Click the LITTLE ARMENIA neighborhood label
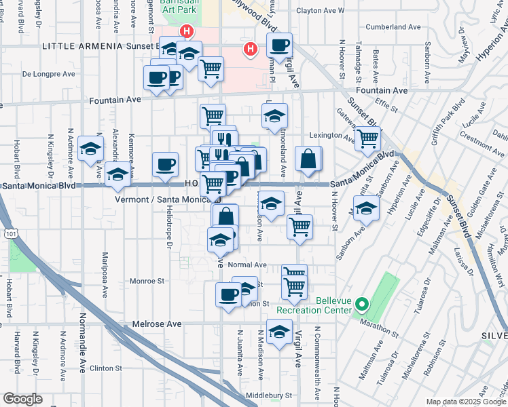click(81, 46)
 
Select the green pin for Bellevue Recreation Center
click(362, 305)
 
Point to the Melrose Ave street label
click(157, 324)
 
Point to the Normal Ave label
click(247, 265)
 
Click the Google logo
click(22, 399)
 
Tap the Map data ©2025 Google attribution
click(465, 402)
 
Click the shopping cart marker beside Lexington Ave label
click(367, 138)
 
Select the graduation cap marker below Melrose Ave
click(278, 332)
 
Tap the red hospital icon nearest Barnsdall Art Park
click(185, 31)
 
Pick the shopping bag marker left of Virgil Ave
click(308, 159)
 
